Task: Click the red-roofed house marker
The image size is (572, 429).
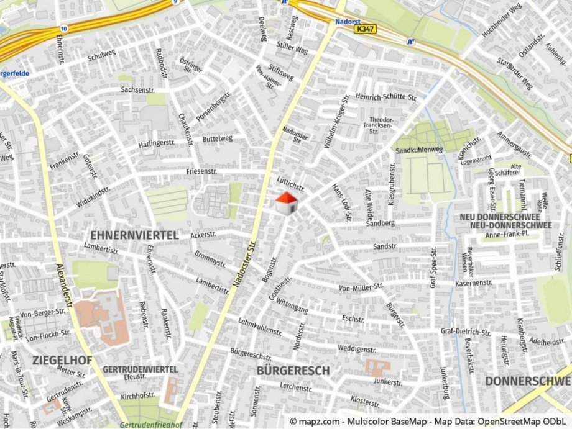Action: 286,203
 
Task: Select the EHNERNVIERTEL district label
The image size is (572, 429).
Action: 134,235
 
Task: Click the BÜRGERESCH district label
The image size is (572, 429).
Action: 292,371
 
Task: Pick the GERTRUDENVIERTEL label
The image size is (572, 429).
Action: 140,369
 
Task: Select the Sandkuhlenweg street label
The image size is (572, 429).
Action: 419,150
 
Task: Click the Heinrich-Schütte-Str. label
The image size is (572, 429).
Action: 385,97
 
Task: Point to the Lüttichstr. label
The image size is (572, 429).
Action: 290,183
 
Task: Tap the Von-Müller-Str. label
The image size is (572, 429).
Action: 361,287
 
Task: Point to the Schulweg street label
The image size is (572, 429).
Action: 101,55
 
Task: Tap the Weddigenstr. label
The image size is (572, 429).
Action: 357,349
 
